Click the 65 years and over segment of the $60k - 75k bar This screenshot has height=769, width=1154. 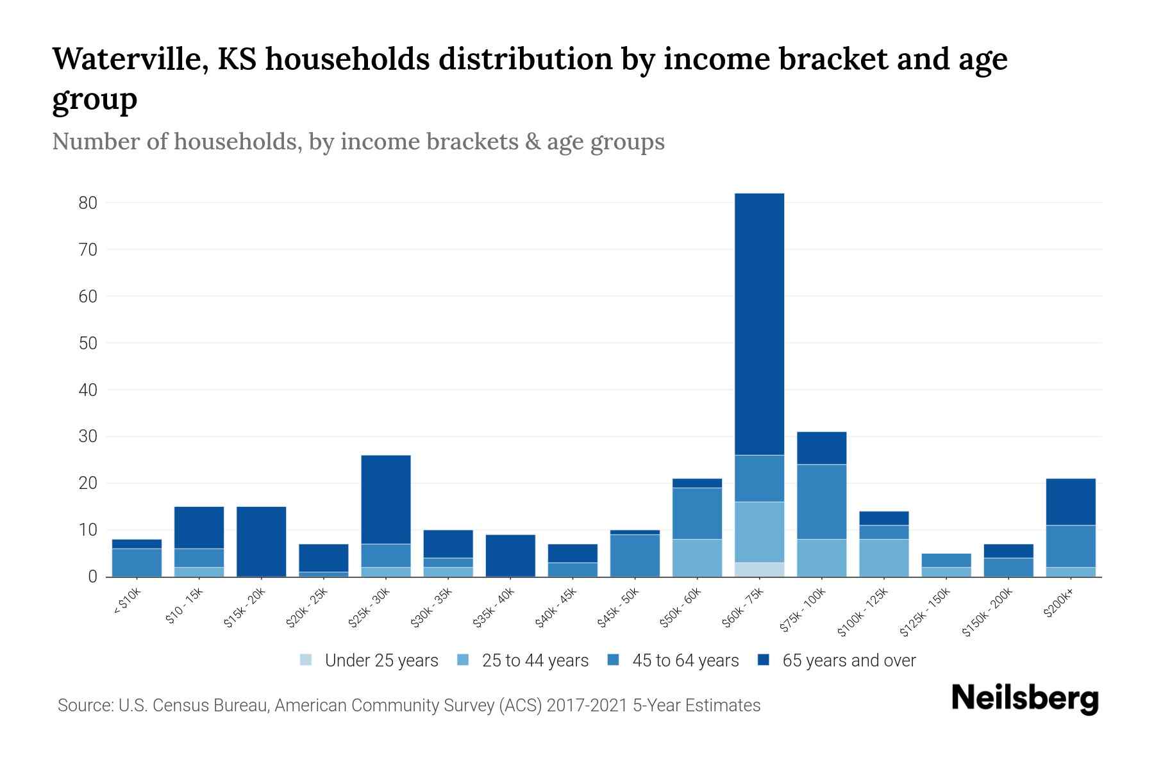(x=759, y=324)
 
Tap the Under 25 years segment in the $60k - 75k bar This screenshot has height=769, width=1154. (x=759, y=570)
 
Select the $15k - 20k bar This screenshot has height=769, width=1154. (x=261, y=542)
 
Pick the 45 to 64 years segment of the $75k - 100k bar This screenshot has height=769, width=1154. (x=821, y=502)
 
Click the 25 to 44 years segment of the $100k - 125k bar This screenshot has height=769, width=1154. (x=884, y=558)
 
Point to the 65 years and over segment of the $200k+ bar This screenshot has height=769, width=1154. (x=1070, y=502)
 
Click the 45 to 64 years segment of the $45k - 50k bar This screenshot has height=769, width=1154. (x=635, y=556)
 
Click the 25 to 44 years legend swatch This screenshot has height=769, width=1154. (x=463, y=660)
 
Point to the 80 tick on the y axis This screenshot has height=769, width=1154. (x=88, y=203)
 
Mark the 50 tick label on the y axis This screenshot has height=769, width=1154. (x=88, y=343)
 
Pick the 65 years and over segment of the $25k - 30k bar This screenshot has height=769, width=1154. (x=386, y=499)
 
